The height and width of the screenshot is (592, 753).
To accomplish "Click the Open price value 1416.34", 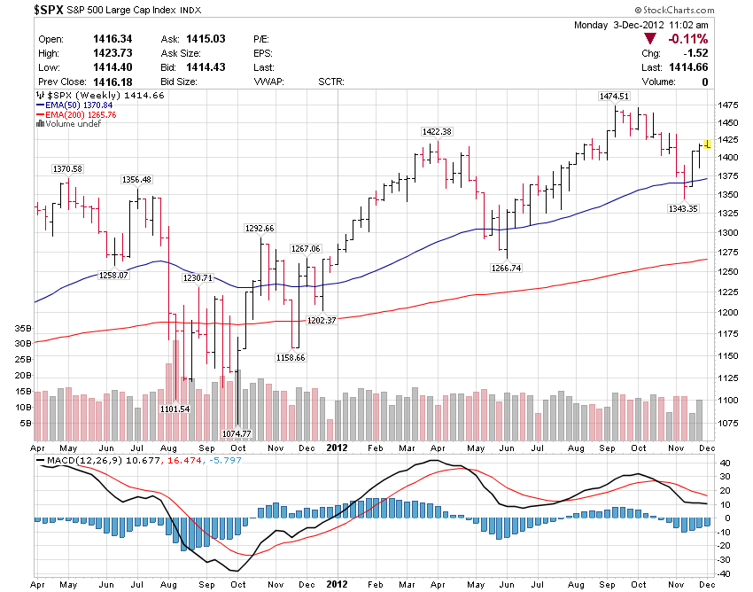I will [113, 39].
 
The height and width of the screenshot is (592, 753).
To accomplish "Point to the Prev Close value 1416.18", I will [113, 82].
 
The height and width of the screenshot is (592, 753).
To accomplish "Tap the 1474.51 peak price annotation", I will [614, 96].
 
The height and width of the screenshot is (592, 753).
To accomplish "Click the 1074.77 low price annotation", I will [237, 433].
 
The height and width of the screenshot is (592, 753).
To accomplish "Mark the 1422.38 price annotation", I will [437, 131].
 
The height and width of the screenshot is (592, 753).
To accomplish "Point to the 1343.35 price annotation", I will [683, 208].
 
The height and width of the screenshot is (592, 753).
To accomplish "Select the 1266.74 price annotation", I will [506, 267].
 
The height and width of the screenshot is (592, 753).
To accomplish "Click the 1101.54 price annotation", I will [175, 409].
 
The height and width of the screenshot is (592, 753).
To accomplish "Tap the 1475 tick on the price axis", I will [728, 105].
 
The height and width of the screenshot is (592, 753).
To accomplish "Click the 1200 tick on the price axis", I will [728, 313].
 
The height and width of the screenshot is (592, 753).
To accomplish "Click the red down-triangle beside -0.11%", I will [651, 39].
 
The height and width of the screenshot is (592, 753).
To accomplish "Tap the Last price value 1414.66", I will [689, 67].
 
